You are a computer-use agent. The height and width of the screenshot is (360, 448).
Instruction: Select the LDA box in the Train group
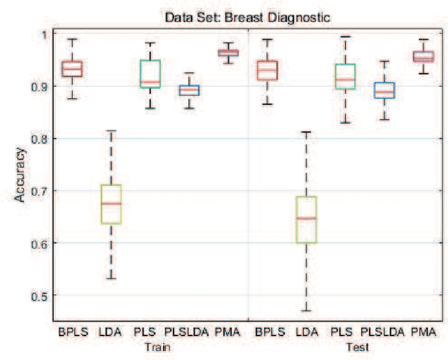pos(111,204)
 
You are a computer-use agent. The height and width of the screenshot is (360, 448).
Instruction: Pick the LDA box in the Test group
pos(307,220)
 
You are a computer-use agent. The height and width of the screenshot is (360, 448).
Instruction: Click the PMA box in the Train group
pos(228,53)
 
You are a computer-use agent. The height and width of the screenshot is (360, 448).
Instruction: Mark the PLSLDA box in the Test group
pos(385,90)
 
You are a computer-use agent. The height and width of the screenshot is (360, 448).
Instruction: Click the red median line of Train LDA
pos(111,203)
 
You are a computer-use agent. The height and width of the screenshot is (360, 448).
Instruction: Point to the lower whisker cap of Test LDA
pos(307,310)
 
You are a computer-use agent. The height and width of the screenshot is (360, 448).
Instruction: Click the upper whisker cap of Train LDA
pos(111,130)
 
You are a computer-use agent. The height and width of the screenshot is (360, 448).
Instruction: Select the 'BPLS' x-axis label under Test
pos(267,332)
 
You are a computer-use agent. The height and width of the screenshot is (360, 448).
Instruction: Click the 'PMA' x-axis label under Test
pos(424,332)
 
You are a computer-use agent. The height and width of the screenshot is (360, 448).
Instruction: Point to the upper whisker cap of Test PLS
pos(346,36)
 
